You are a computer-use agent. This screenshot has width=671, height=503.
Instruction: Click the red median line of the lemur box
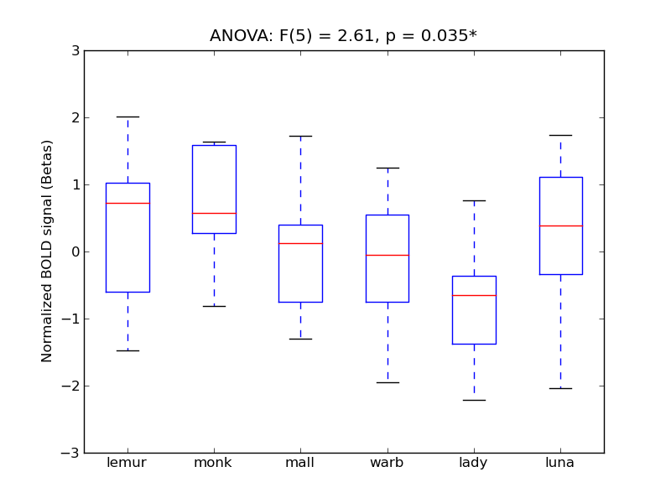coord(127,203)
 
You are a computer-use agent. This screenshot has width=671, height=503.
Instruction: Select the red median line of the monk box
coord(214,213)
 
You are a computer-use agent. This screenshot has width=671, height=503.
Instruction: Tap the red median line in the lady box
coord(474,295)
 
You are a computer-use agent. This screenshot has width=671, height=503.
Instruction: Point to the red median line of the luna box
coord(560,226)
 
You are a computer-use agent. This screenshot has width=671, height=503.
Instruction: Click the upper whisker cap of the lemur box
coord(127,117)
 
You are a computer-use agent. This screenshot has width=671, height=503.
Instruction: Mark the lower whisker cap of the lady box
coord(474,400)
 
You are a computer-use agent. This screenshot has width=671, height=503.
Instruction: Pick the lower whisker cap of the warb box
coord(388,382)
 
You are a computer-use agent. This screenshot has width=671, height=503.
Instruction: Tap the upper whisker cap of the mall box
coord(300,136)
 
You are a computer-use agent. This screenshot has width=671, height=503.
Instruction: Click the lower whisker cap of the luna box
coord(560,388)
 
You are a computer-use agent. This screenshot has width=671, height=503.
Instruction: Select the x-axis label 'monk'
coord(214,463)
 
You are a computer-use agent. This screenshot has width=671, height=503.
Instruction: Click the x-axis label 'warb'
coord(388,463)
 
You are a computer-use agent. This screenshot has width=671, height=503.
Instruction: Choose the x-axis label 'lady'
coord(474,463)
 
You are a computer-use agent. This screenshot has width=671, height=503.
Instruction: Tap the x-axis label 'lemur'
coord(127,463)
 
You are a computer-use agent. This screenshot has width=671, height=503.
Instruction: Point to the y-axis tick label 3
coord(75,51)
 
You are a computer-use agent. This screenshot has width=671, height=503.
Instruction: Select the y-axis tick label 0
coord(75,252)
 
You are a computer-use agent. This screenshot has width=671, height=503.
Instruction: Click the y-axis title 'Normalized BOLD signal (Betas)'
coord(48,251)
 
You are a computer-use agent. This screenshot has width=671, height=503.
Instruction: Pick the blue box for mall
coord(300,263)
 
